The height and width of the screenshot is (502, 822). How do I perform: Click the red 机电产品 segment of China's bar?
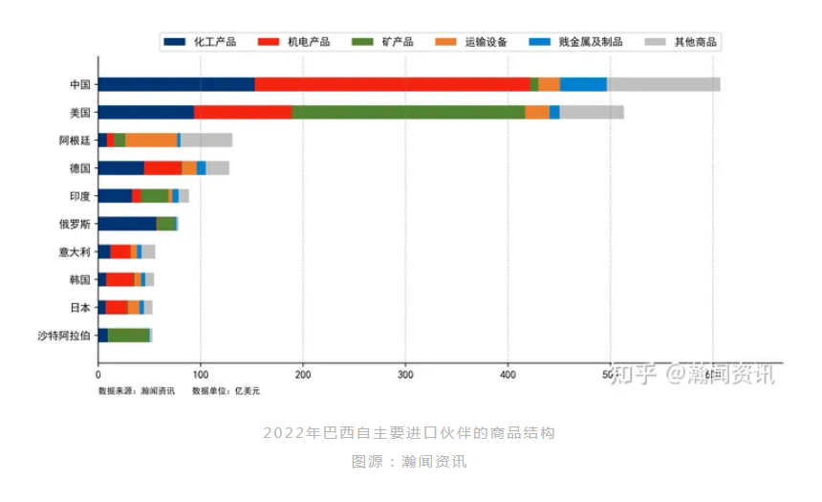pos(392,84)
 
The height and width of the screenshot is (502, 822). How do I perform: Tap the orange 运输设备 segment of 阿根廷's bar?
pos(151,140)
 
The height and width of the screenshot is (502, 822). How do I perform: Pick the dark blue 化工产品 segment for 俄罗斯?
pos(127,224)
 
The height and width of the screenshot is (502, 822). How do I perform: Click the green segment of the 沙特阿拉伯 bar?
pos(128,335)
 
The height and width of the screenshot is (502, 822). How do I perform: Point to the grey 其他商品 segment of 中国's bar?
pos(663,84)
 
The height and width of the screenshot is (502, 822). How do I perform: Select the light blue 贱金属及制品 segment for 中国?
pos(583,84)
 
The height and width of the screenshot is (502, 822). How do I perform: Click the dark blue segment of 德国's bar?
pos(120,168)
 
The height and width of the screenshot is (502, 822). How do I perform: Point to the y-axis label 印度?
pos(79,196)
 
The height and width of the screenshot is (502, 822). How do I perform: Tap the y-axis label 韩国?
pos(79,279)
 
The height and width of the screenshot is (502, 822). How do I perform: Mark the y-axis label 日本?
pos(79,307)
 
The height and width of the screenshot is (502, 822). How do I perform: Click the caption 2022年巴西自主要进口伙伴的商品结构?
pos(409,433)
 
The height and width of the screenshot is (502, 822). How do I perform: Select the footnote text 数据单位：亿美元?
pos(226,391)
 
